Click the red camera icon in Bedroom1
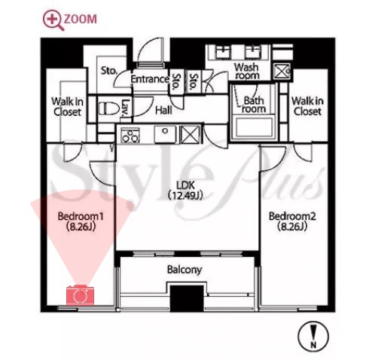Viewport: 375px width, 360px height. (80, 295)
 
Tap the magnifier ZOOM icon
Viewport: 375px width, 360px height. (53, 20)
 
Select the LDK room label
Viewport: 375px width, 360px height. (185, 185)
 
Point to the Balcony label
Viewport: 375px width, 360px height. (184, 270)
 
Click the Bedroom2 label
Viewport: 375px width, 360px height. (292, 216)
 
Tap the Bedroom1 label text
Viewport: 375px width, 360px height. (81, 216)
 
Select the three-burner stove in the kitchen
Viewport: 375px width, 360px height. (130, 135)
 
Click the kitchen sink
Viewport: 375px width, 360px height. (165, 134)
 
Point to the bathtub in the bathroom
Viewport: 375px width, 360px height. (254, 127)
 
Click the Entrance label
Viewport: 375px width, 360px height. (150, 79)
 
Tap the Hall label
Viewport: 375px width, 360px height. (163, 110)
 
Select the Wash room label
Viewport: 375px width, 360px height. (246, 72)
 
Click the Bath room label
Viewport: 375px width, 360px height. (254, 105)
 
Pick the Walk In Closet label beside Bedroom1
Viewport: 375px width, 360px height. (67, 106)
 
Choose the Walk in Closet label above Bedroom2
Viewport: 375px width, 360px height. (307, 106)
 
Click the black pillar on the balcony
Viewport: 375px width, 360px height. (187, 298)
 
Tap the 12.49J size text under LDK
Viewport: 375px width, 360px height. (185, 195)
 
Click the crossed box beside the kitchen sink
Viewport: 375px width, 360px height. (190, 135)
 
